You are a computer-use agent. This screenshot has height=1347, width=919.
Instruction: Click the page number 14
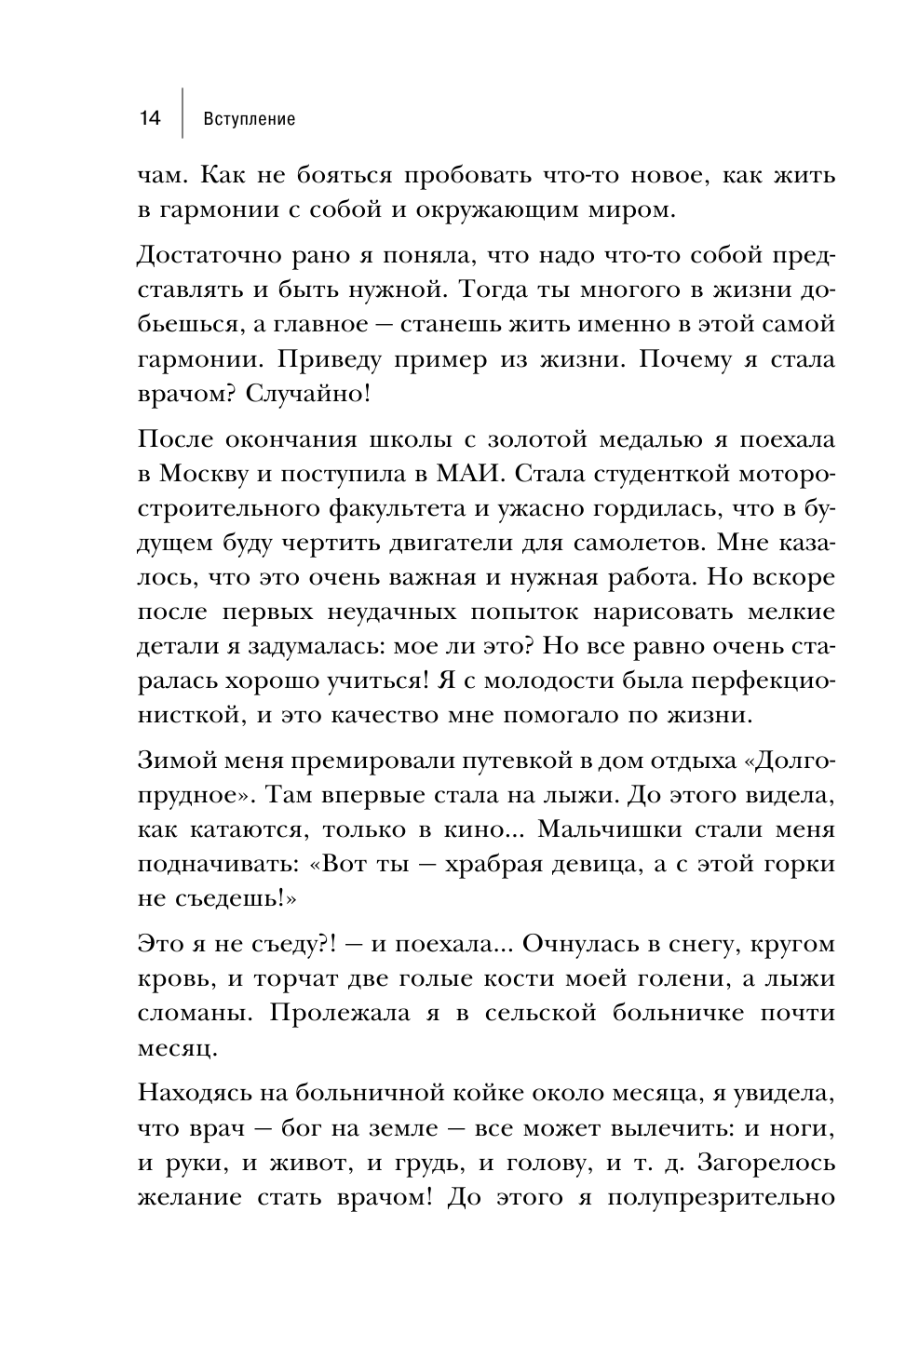(149, 118)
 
